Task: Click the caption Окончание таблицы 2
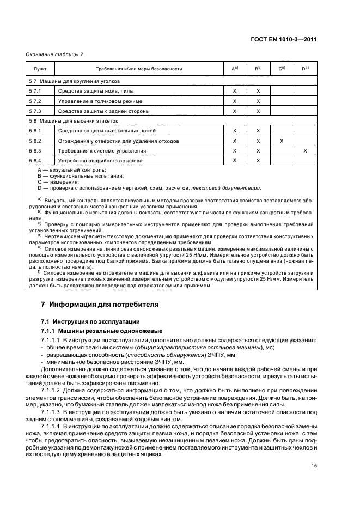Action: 55,54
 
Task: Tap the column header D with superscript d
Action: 305,69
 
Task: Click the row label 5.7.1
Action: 36,91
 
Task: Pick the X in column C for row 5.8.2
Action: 282,141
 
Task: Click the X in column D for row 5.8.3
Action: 305,151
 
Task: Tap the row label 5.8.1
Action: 36,131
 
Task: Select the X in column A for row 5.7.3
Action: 235,111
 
